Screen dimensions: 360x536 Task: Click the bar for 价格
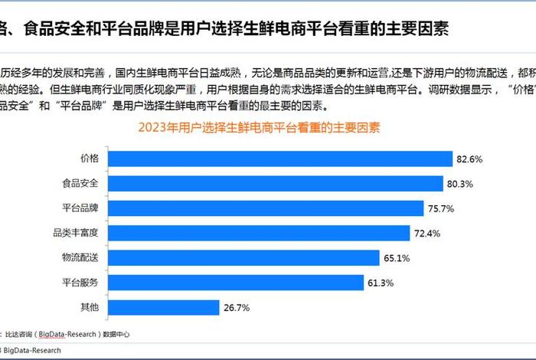coord(279,159)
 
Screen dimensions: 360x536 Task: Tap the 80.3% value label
coord(461,184)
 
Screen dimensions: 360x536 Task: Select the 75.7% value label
coord(442,208)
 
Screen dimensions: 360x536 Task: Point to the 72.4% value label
coord(427,234)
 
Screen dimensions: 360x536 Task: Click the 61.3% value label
coord(381,283)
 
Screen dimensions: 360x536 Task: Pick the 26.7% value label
coord(236,308)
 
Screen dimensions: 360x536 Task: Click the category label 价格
coord(90,159)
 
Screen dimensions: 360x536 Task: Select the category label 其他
coord(90,308)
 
